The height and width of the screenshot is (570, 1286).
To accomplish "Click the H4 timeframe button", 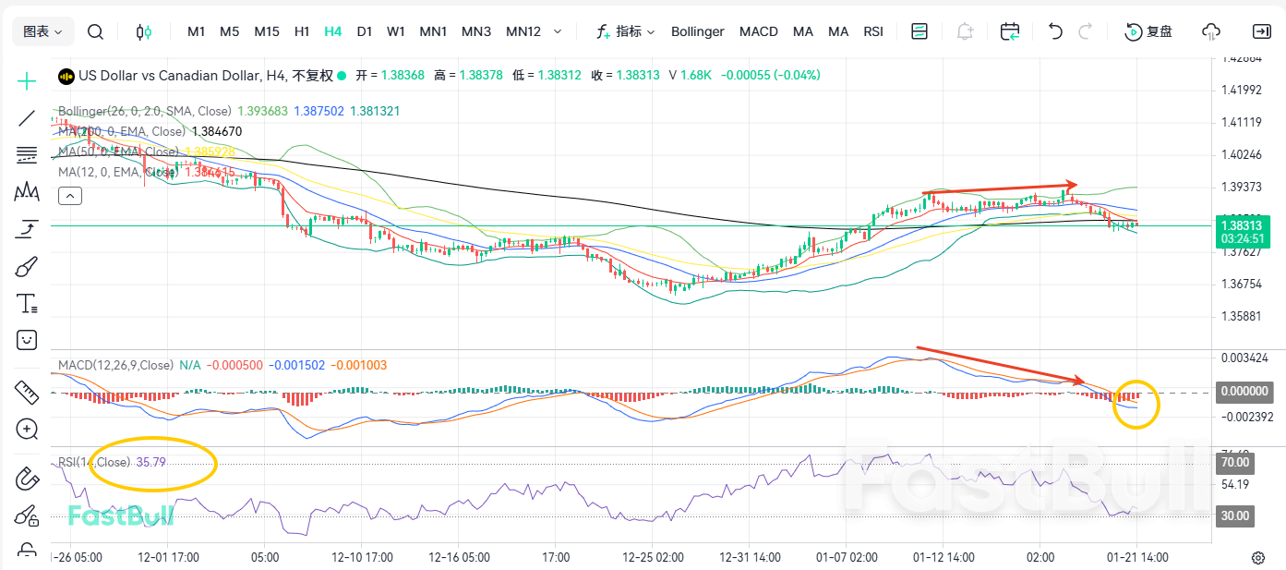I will (x=333, y=31).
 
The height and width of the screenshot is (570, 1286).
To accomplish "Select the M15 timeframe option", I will (x=267, y=31).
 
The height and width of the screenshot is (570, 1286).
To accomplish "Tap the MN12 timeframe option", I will (x=523, y=31).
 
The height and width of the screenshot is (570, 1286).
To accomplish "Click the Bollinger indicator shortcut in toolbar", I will (x=697, y=31).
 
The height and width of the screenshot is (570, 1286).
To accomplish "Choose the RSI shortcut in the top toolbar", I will (x=873, y=31).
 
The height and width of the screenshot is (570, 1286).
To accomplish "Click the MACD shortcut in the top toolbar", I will (x=758, y=31).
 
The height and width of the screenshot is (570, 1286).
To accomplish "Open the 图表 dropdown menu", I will (x=42, y=31).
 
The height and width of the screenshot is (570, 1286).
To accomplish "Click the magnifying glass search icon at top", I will (x=95, y=31).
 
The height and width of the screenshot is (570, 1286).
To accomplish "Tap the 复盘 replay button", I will (x=1149, y=31).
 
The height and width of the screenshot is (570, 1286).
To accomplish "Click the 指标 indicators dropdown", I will (x=626, y=31).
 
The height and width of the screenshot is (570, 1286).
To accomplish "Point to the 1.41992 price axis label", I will (x=1241, y=90).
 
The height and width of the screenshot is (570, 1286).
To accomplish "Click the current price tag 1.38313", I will (x=1241, y=224).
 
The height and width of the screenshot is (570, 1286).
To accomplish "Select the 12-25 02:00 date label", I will (x=653, y=557).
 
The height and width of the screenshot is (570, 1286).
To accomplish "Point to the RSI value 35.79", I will (x=150, y=462).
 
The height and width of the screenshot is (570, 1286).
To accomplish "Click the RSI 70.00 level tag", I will (x=1235, y=462).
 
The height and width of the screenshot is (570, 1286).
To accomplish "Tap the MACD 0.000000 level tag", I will (x=1244, y=392).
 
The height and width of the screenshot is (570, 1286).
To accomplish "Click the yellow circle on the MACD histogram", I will (x=1136, y=404).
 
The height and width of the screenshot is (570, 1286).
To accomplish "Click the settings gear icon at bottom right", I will (x=1257, y=557).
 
